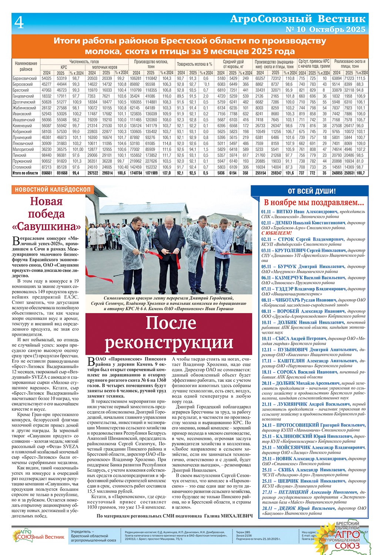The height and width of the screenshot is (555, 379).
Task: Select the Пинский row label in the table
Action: pyautogui.click(x=19, y=155)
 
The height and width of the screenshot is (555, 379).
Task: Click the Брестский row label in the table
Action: pyautogui.click(x=21, y=90)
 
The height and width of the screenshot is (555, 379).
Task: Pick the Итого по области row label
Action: pyautogui.click(x=25, y=173)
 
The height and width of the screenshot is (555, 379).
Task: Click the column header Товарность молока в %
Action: pyautogui.click(x=194, y=64)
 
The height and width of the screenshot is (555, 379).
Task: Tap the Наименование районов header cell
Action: pyautogui.click(x=26, y=66)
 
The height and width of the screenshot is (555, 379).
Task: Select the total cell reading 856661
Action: pyautogui.click(x=47, y=173)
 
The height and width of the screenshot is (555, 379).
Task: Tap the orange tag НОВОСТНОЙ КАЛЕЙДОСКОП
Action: pyautogui.click(x=52, y=189)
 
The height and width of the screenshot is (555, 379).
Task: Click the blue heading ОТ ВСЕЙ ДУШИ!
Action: pyautogui.click(x=312, y=191)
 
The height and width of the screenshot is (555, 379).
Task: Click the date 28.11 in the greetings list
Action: pyautogui.click(x=266, y=508)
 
